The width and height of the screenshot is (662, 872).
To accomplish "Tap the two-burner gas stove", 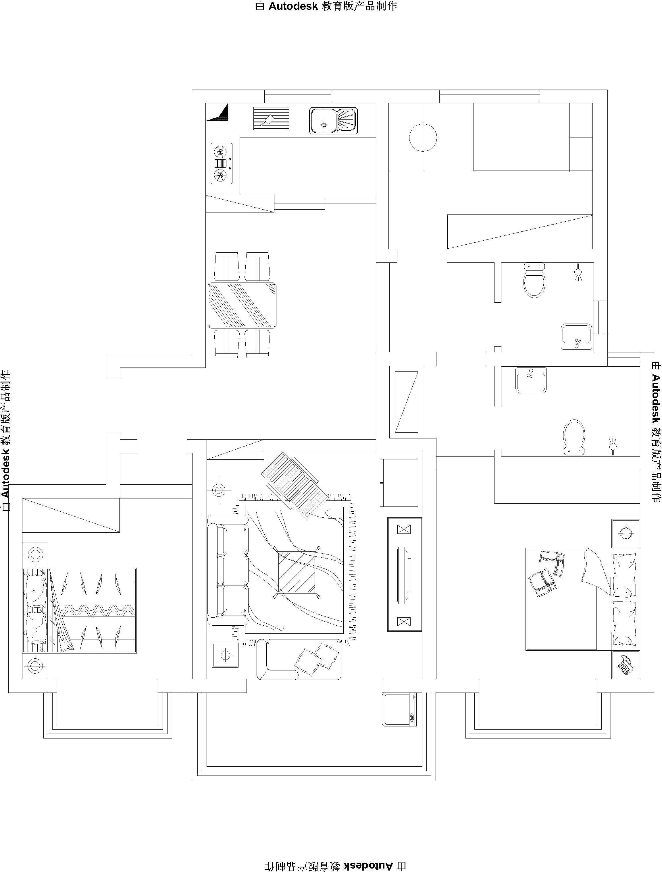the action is click(222, 163).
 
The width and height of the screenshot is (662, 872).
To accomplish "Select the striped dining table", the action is click(242, 305).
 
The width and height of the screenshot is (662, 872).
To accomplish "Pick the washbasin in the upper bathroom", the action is click(576, 337).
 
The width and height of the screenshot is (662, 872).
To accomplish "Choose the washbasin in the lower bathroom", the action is click(531, 380).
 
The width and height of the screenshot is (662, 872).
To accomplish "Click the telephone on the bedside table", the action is click(625, 665).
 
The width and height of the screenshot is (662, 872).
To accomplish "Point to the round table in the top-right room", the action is click(423, 138).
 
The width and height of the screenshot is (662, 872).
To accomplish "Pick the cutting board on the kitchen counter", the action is click(271, 119).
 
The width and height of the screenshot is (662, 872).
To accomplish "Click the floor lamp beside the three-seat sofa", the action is click(219, 490).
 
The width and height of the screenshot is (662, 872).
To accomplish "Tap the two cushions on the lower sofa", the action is click(317, 660).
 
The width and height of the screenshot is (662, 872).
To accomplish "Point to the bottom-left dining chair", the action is click(226, 344).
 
